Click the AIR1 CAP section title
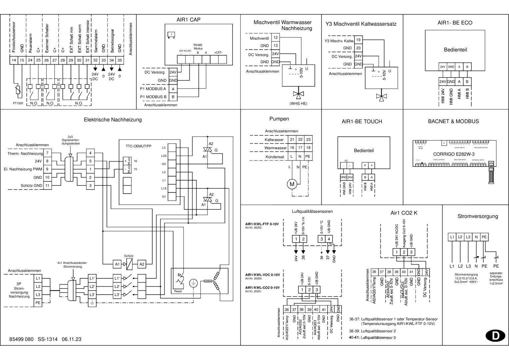tap(188, 20)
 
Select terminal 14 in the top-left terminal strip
tap(14, 60)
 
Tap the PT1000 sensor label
tap(18, 103)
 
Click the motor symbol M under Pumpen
tap(292, 184)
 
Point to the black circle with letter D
tap(495, 336)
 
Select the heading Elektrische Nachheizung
tap(113, 120)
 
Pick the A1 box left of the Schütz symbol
tap(117, 264)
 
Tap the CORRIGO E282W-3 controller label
tap(454, 154)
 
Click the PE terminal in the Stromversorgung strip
tap(484, 237)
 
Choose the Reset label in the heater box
tap(178, 291)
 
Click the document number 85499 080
tap(21, 339)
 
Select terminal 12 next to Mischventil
tap(276, 38)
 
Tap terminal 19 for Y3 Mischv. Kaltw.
tap(358, 40)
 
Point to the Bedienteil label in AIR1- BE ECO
tap(455, 50)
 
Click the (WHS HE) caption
tap(298, 104)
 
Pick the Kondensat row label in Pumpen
tap(275, 157)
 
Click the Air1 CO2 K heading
tap(404, 213)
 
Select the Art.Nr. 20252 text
tap(253, 228)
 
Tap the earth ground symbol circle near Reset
tap(193, 283)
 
